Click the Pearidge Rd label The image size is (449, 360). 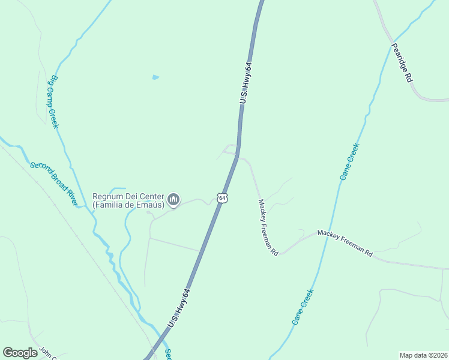[x=402, y=62]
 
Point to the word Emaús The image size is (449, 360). [x=148, y=205]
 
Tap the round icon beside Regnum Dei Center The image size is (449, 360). [x=173, y=199]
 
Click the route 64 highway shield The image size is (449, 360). [x=222, y=197]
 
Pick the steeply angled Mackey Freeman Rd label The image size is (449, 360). [x=268, y=227]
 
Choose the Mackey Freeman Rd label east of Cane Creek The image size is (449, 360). [x=345, y=243]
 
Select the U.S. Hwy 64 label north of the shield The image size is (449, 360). [x=244, y=83]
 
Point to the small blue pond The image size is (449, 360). [x=156, y=77]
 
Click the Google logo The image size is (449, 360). [x=20, y=353]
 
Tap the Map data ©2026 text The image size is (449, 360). [x=423, y=355]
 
